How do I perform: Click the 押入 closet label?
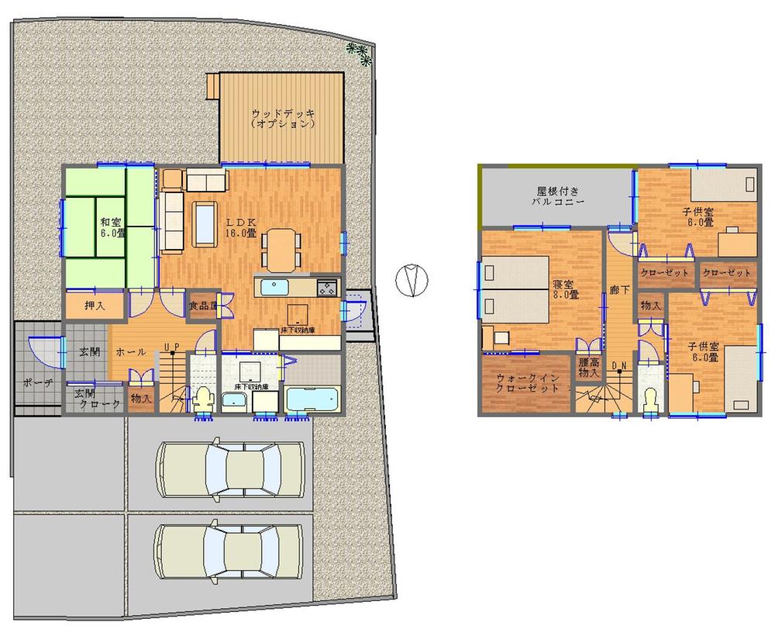click(95, 305)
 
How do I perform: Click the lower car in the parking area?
click(229, 551)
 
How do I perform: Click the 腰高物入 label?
click(588, 368)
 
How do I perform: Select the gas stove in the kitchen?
click(325, 287)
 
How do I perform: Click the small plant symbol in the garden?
click(359, 52)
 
